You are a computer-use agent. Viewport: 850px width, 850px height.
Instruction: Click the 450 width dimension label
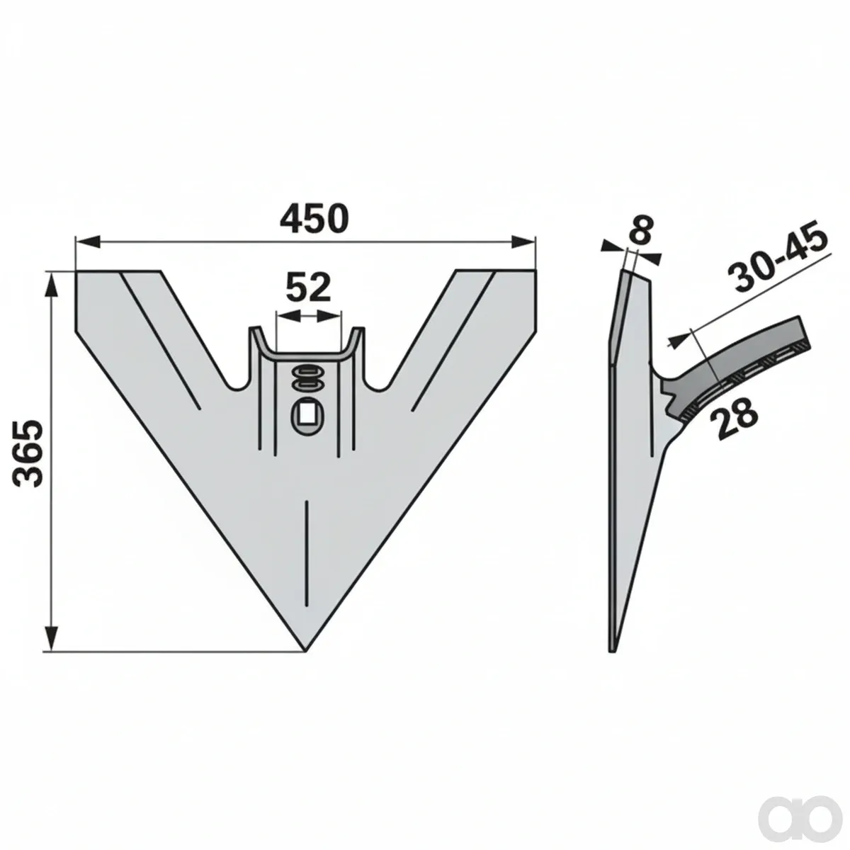[314, 219]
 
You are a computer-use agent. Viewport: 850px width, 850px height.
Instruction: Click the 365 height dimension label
[29, 453]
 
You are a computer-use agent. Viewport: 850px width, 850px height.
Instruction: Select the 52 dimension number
[308, 287]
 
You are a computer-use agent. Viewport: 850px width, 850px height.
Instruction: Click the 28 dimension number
[734, 417]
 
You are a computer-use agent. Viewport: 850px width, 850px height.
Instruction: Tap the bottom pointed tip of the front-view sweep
[305, 651]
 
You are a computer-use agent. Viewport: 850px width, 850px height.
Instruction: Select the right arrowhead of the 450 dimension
[523, 242]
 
